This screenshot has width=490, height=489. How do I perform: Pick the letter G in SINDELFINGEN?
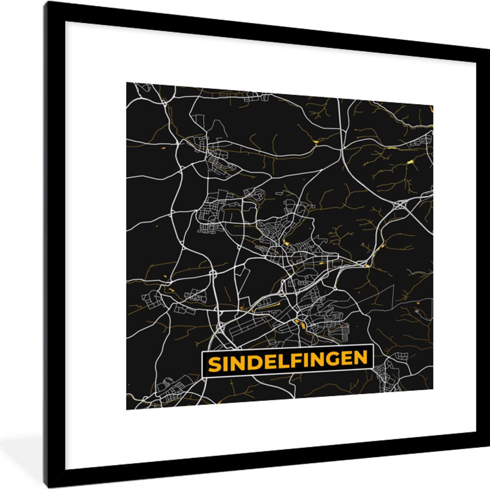point(331,359)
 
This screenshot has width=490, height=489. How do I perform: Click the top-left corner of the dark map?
point(127,83)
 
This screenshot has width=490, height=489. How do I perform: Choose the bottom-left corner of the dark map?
point(127,409)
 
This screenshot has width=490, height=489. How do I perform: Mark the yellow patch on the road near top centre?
point(316,142)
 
